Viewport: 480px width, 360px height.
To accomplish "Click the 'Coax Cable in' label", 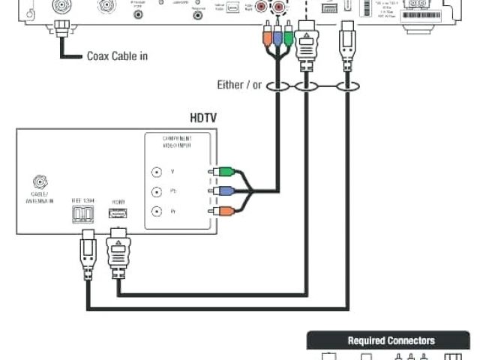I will click(118, 55).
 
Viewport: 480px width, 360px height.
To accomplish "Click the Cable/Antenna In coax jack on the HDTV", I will click(38, 181).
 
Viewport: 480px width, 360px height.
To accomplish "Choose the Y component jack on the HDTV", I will click(156, 172).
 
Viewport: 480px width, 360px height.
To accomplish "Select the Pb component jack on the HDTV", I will click(156, 191).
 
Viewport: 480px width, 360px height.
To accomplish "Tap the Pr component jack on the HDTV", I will click(156, 211).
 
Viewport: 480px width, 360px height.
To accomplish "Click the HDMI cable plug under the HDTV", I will click(118, 250).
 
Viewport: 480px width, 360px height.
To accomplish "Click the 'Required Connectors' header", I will click(390, 340).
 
